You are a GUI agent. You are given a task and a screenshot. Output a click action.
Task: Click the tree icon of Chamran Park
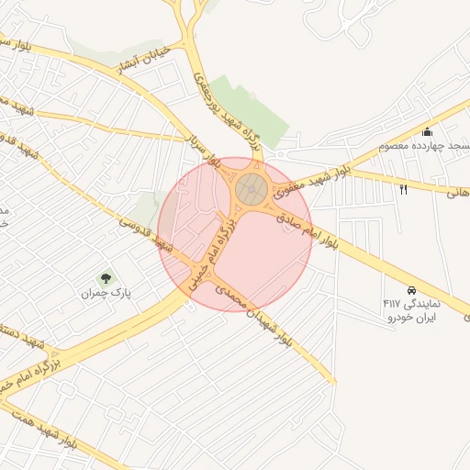click(x=106, y=277)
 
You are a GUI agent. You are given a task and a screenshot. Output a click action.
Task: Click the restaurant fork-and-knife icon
click(x=404, y=189)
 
